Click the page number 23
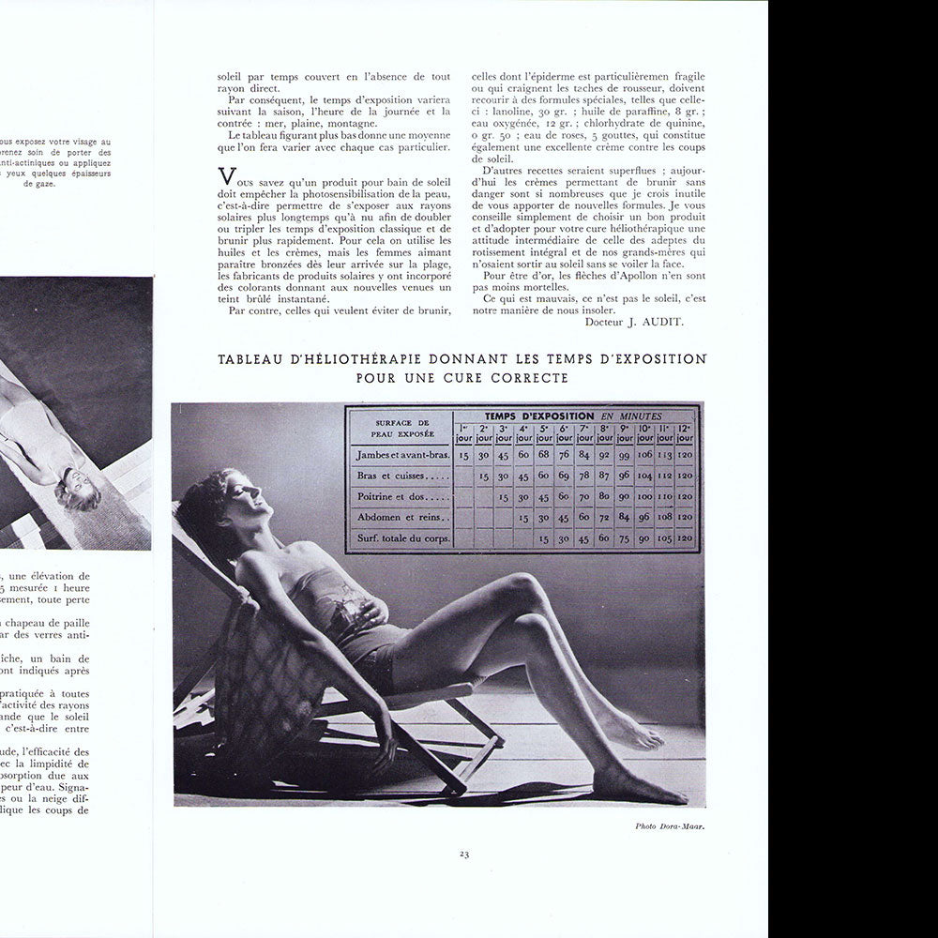click(x=464, y=854)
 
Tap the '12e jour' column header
click(x=686, y=433)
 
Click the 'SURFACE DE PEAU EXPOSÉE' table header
click(x=401, y=428)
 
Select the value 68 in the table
click(x=544, y=455)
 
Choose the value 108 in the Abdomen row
click(x=665, y=517)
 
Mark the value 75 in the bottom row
click(x=625, y=538)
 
